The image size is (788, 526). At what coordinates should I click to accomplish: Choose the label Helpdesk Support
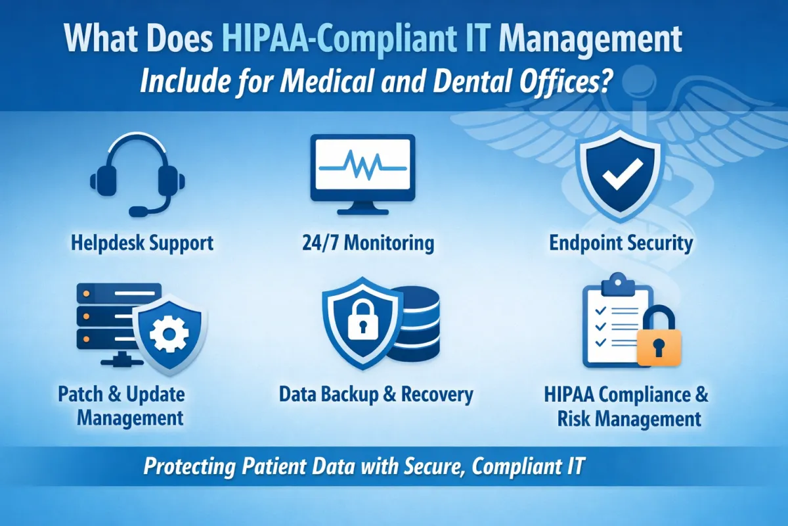pyautogui.click(x=142, y=243)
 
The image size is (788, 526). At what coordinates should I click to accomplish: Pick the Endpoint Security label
pyautogui.click(x=621, y=243)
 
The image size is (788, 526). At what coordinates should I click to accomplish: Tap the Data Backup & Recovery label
pyautogui.click(x=376, y=394)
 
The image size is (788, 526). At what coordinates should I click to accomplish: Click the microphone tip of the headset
pyautogui.click(x=138, y=212)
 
